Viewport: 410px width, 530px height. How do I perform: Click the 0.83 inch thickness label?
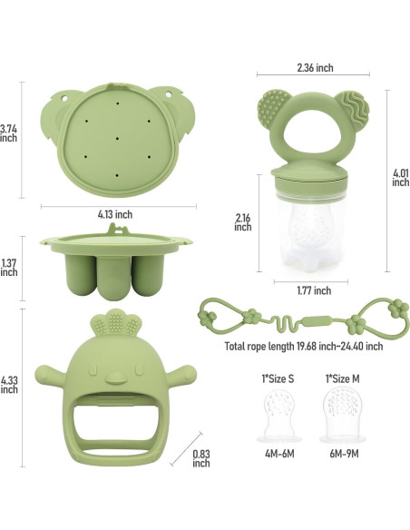pyautogui.click(x=201, y=456)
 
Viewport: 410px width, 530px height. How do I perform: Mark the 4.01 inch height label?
pyautogui.click(x=400, y=176)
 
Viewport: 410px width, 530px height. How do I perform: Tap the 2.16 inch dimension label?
pyautogui.click(x=243, y=221)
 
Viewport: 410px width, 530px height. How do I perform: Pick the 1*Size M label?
pyautogui.click(x=340, y=376)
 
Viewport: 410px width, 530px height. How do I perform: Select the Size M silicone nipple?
pyautogui.click(x=342, y=413)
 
